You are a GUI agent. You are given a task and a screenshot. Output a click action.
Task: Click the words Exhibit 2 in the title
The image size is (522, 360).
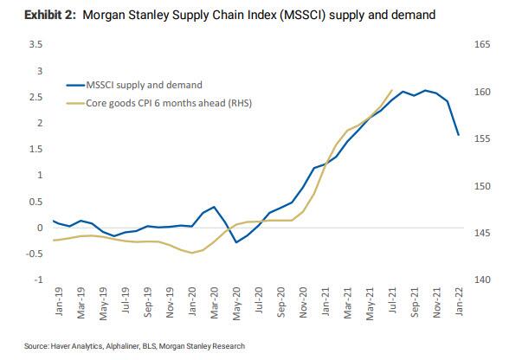click(32, 15)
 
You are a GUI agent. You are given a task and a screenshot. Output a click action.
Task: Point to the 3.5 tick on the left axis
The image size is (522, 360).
click(36, 42)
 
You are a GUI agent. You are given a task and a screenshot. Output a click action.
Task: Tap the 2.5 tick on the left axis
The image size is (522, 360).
click(36, 96)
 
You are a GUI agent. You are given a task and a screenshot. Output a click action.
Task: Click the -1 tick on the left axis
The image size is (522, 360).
click(38, 280)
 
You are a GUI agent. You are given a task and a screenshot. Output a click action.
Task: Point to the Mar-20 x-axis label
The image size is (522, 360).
click(214, 302)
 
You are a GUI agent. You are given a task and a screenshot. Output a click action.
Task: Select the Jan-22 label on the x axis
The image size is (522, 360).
click(459, 302)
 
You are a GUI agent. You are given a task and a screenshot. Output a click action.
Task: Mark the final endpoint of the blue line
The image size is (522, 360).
click(458, 135)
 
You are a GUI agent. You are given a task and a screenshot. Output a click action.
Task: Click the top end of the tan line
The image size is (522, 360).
click(392, 89)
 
